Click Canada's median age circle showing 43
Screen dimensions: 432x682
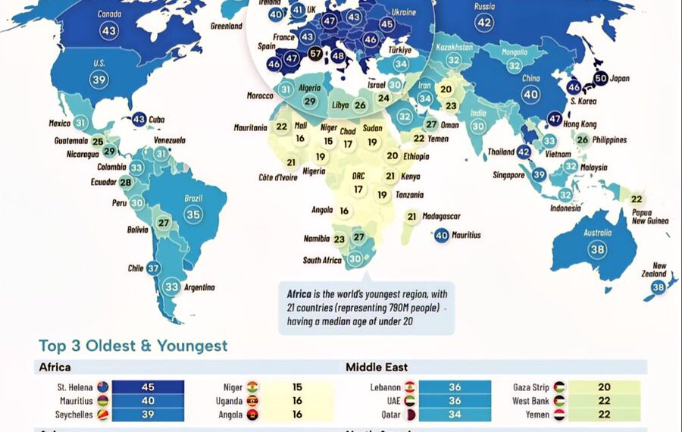109,31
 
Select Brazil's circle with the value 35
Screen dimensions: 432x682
193,214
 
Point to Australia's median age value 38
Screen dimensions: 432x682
597,249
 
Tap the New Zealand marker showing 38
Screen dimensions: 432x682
659,287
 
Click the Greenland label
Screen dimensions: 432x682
227,27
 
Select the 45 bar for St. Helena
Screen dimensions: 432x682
148,387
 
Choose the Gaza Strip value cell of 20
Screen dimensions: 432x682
604,387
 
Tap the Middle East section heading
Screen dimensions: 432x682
377,368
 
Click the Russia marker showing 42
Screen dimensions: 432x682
484,23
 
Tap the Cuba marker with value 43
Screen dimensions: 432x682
139,119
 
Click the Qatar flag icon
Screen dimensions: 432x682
410,415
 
